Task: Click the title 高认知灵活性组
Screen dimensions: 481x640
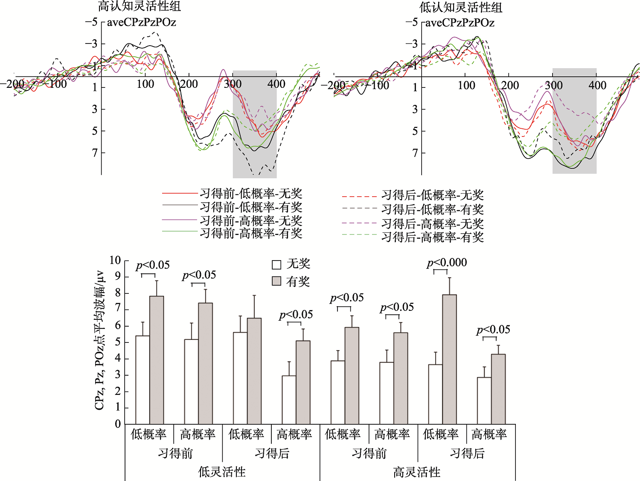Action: pyautogui.click(x=140, y=6)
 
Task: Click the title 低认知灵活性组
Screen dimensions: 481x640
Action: pyautogui.click(x=461, y=7)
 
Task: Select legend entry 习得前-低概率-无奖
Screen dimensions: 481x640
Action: pyautogui.click(x=251, y=194)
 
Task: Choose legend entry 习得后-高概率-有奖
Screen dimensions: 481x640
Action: pyautogui.click(x=432, y=237)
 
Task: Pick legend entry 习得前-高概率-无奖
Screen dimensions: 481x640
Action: pyautogui.click(x=251, y=220)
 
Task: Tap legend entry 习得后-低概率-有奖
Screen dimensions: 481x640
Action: pyautogui.click(x=432, y=209)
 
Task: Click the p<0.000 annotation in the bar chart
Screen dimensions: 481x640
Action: pyautogui.click(x=447, y=263)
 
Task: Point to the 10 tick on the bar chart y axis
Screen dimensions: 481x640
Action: pyautogui.click(x=115, y=261)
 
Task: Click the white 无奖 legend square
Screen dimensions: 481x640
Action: pyautogui.click(x=276, y=265)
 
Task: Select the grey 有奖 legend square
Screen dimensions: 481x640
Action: pyautogui.click(x=276, y=281)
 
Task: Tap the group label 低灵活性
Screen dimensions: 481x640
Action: pyautogui.click(x=222, y=472)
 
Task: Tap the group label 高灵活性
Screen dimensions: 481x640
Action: pyautogui.click(x=416, y=472)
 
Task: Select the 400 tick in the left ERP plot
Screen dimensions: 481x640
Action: pyautogui.click(x=276, y=84)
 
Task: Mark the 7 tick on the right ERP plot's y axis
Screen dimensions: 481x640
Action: pyautogui.click(x=416, y=153)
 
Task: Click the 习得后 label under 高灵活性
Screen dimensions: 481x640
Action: pyautogui.click(x=467, y=453)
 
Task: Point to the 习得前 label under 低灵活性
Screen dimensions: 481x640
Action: pyautogui.click(x=175, y=453)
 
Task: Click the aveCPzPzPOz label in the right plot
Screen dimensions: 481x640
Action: pyautogui.click(x=460, y=23)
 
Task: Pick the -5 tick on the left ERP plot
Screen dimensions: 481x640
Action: pyautogui.click(x=92, y=22)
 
